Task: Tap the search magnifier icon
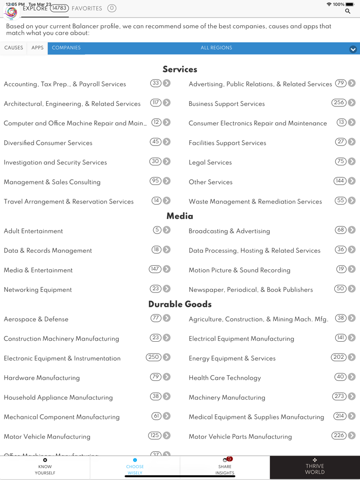point(348,11)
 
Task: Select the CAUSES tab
point(13,48)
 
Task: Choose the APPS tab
point(38,48)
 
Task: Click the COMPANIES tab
point(66,48)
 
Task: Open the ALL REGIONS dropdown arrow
point(353,49)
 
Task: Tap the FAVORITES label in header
point(87,8)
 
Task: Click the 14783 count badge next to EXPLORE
point(59,8)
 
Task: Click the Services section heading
point(180,69)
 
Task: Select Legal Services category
point(210,162)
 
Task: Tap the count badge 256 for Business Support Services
point(338,103)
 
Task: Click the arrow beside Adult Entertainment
point(167,230)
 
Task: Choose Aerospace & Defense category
point(36,319)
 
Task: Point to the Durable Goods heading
point(180,304)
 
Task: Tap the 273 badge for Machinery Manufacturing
point(339,396)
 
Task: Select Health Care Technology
point(225,378)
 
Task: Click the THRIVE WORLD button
point(315,467)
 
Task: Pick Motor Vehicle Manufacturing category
point(47,437)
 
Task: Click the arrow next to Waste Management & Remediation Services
point(352,201)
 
